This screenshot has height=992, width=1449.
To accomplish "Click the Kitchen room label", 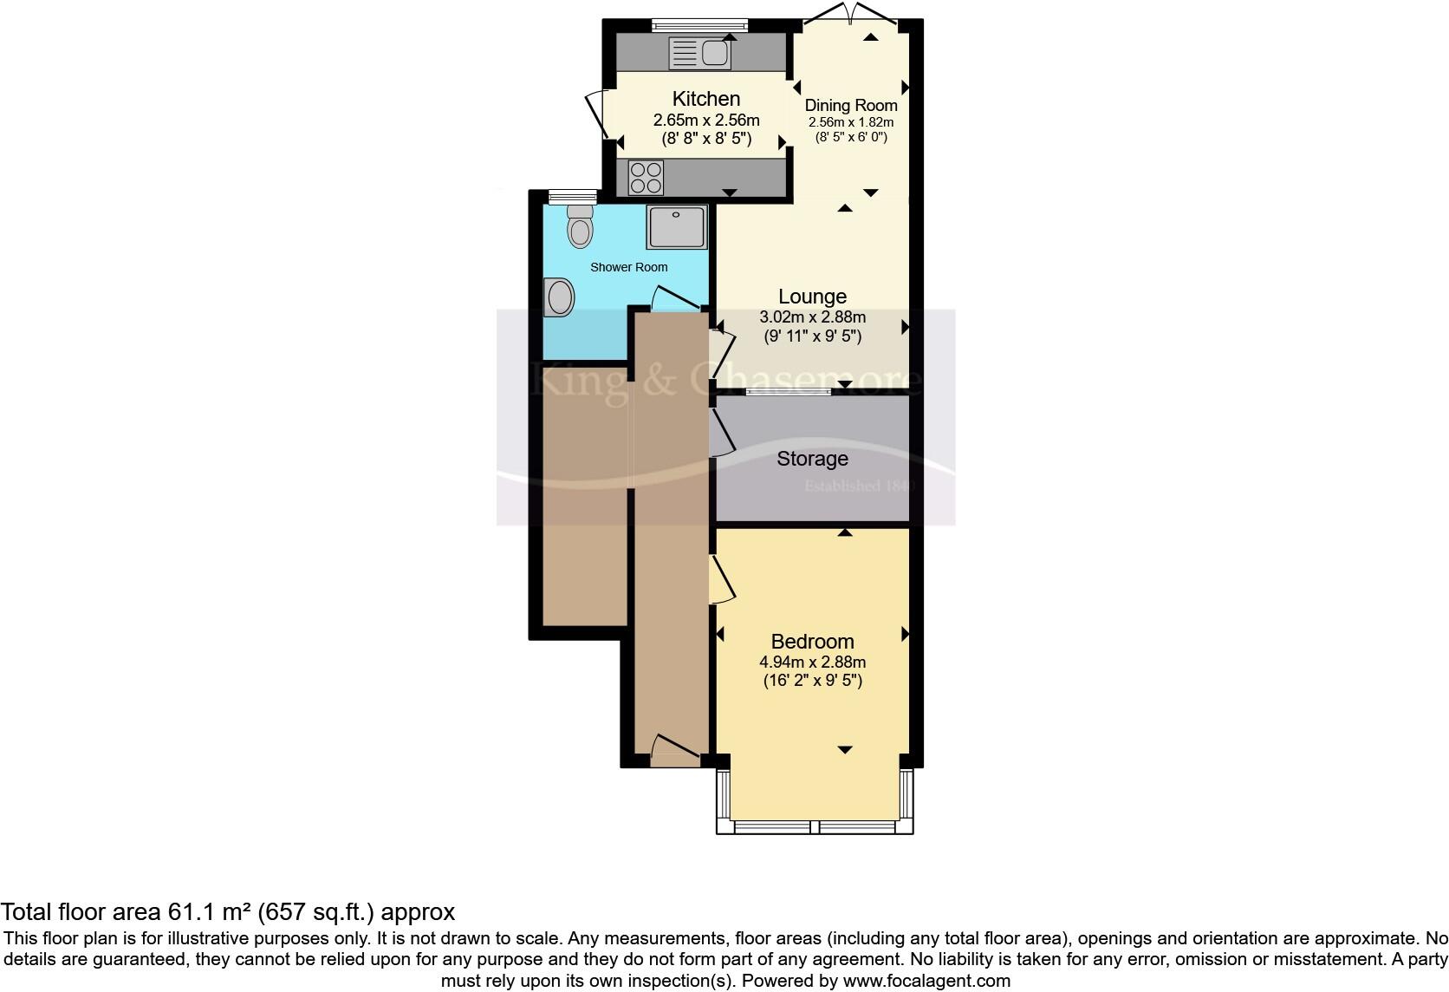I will pos(706,99).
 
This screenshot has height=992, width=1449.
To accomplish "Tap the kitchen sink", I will pos(700,54).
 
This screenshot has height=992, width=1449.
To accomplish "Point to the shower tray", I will pos(676,226).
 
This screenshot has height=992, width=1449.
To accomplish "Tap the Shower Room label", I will pos(628,267).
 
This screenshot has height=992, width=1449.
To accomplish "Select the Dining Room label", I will pos(851,106).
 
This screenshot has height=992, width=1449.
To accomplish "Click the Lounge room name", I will pos(812,297).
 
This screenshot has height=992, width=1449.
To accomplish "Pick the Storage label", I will pos(812,459).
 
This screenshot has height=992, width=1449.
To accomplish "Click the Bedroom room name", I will pos(812,642).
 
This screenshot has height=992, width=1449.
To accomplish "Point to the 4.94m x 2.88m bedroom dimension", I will pos(812,662).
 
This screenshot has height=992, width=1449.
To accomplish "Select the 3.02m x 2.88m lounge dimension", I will pos(812,317).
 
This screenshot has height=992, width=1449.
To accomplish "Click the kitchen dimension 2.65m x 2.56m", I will pos(706,121).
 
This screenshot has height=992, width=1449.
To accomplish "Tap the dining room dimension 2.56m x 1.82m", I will pos(851,123).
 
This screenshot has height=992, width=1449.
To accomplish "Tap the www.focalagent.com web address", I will pos(926,982).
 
